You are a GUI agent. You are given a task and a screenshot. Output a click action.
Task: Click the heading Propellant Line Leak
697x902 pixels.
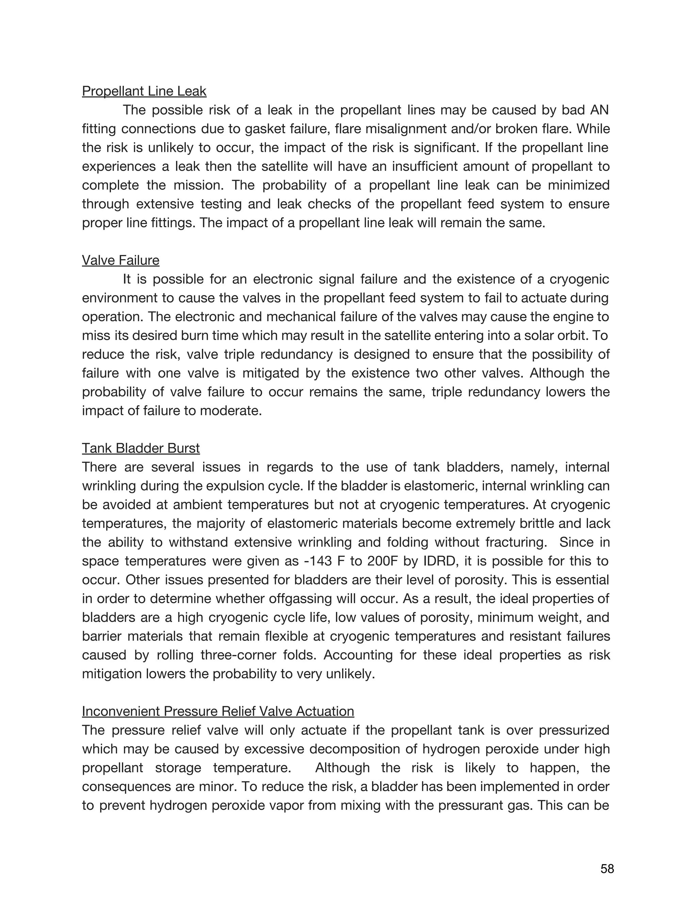pos(144,91)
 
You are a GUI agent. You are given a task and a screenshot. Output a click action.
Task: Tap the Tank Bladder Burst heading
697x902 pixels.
pos(141,448)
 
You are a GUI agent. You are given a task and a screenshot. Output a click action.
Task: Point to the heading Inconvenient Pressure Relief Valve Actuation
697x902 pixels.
pos(218,711)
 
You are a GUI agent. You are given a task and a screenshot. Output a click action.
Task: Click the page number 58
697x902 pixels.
pos(607,869)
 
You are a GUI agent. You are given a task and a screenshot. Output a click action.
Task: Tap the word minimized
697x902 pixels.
pos(579,185)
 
